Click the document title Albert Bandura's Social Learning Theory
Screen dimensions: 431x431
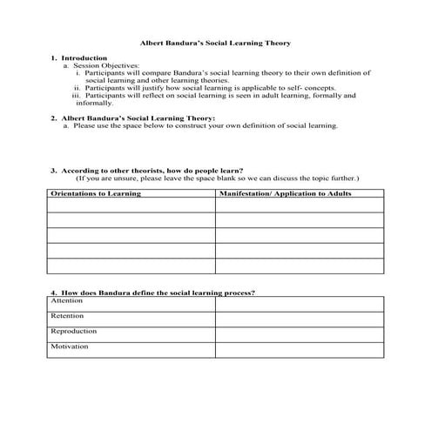tap(215, 42)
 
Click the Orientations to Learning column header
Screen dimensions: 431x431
tap(94, 192)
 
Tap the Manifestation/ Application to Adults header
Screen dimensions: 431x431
tap(286, 192)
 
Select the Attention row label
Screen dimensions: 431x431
tap(66, 300)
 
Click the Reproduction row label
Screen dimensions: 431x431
tap(73, 331)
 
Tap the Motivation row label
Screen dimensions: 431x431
tap(69, 347)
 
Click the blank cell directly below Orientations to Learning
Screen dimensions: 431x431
tap(131, 205)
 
